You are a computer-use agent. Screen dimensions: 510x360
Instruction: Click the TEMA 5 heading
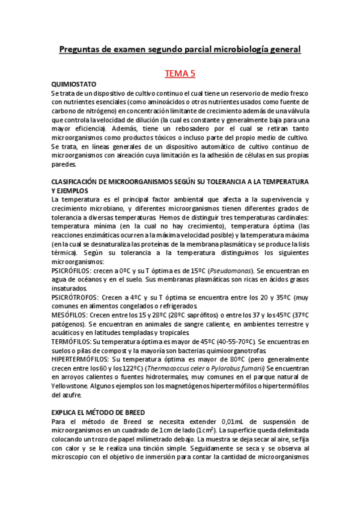click(180, 74)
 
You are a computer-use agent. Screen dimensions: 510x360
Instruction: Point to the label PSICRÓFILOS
click(72, 271)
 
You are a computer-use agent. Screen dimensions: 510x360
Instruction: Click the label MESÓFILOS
click(70, 315)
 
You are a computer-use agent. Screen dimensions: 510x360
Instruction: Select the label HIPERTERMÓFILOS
click(83, 358)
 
